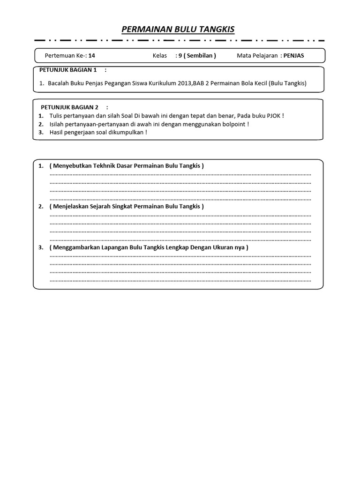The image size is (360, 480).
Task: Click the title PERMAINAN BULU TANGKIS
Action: coord(178,30)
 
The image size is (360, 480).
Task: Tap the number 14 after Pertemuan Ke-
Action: coord(91,55)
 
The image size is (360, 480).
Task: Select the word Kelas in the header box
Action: coord(160,55)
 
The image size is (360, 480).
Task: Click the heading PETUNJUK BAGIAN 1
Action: coord(68,70)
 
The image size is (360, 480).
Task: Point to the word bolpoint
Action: coord(232,124)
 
